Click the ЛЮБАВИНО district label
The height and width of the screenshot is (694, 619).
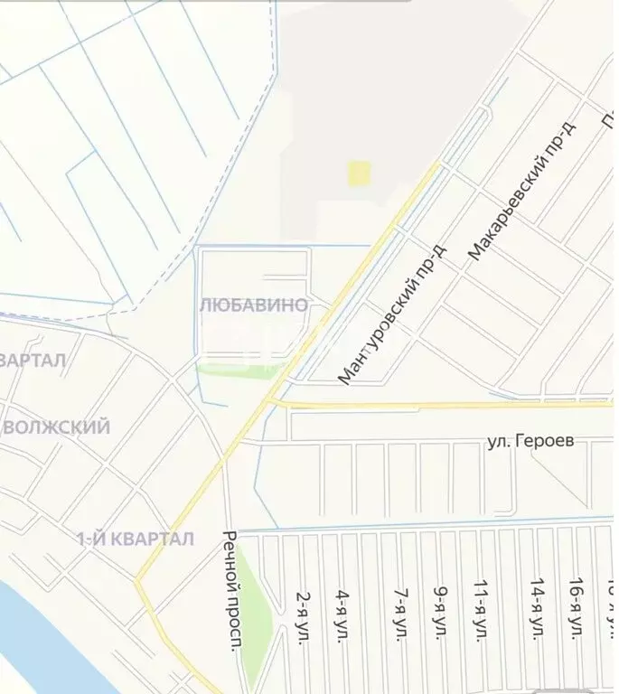(x=253, y=305)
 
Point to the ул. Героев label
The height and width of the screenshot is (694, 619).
(x=537, y=442)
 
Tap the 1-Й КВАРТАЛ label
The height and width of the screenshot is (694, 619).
(x=135, y=539)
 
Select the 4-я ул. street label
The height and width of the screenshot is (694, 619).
(x=343, y=614)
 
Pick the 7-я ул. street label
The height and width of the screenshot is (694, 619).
(x=399, y=614)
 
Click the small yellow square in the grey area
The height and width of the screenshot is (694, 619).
(x=360, y=173)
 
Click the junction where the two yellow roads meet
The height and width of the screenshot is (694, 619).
(x=271, y=400)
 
